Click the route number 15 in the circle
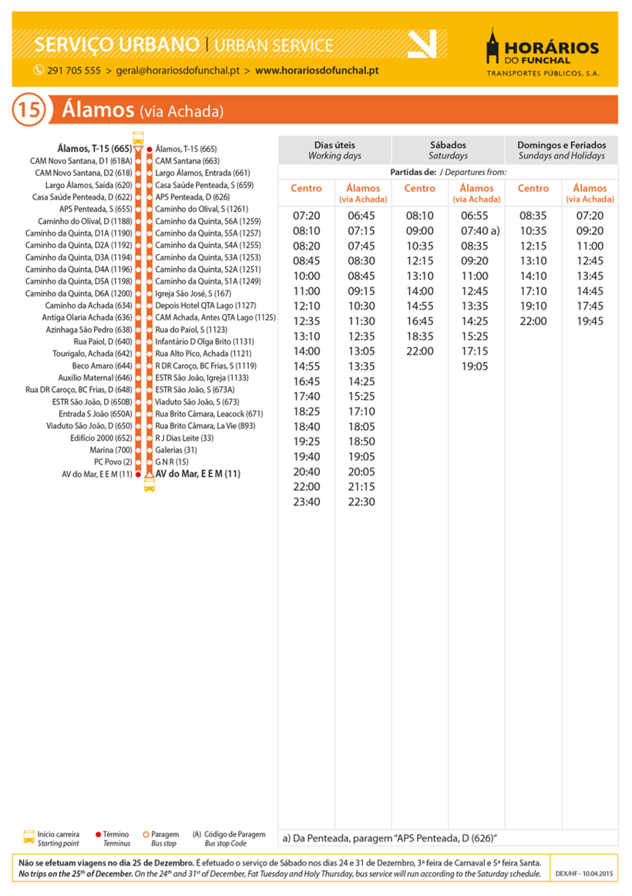(28, 109)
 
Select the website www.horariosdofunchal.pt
(316, 71)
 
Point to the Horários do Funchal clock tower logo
(494, 48)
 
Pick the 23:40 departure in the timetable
(306, 502)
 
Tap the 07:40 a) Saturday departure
(479, 230)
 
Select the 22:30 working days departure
(361, 502)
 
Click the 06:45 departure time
(361, 216)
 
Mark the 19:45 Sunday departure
(590, 321)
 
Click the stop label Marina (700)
(111, 450)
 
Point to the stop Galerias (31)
(176, 450)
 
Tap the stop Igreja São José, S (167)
(193, 294)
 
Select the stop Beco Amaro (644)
(102, 366)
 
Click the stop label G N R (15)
(172, 461)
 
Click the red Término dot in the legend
(98, 834)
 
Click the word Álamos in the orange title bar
(97, 110)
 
